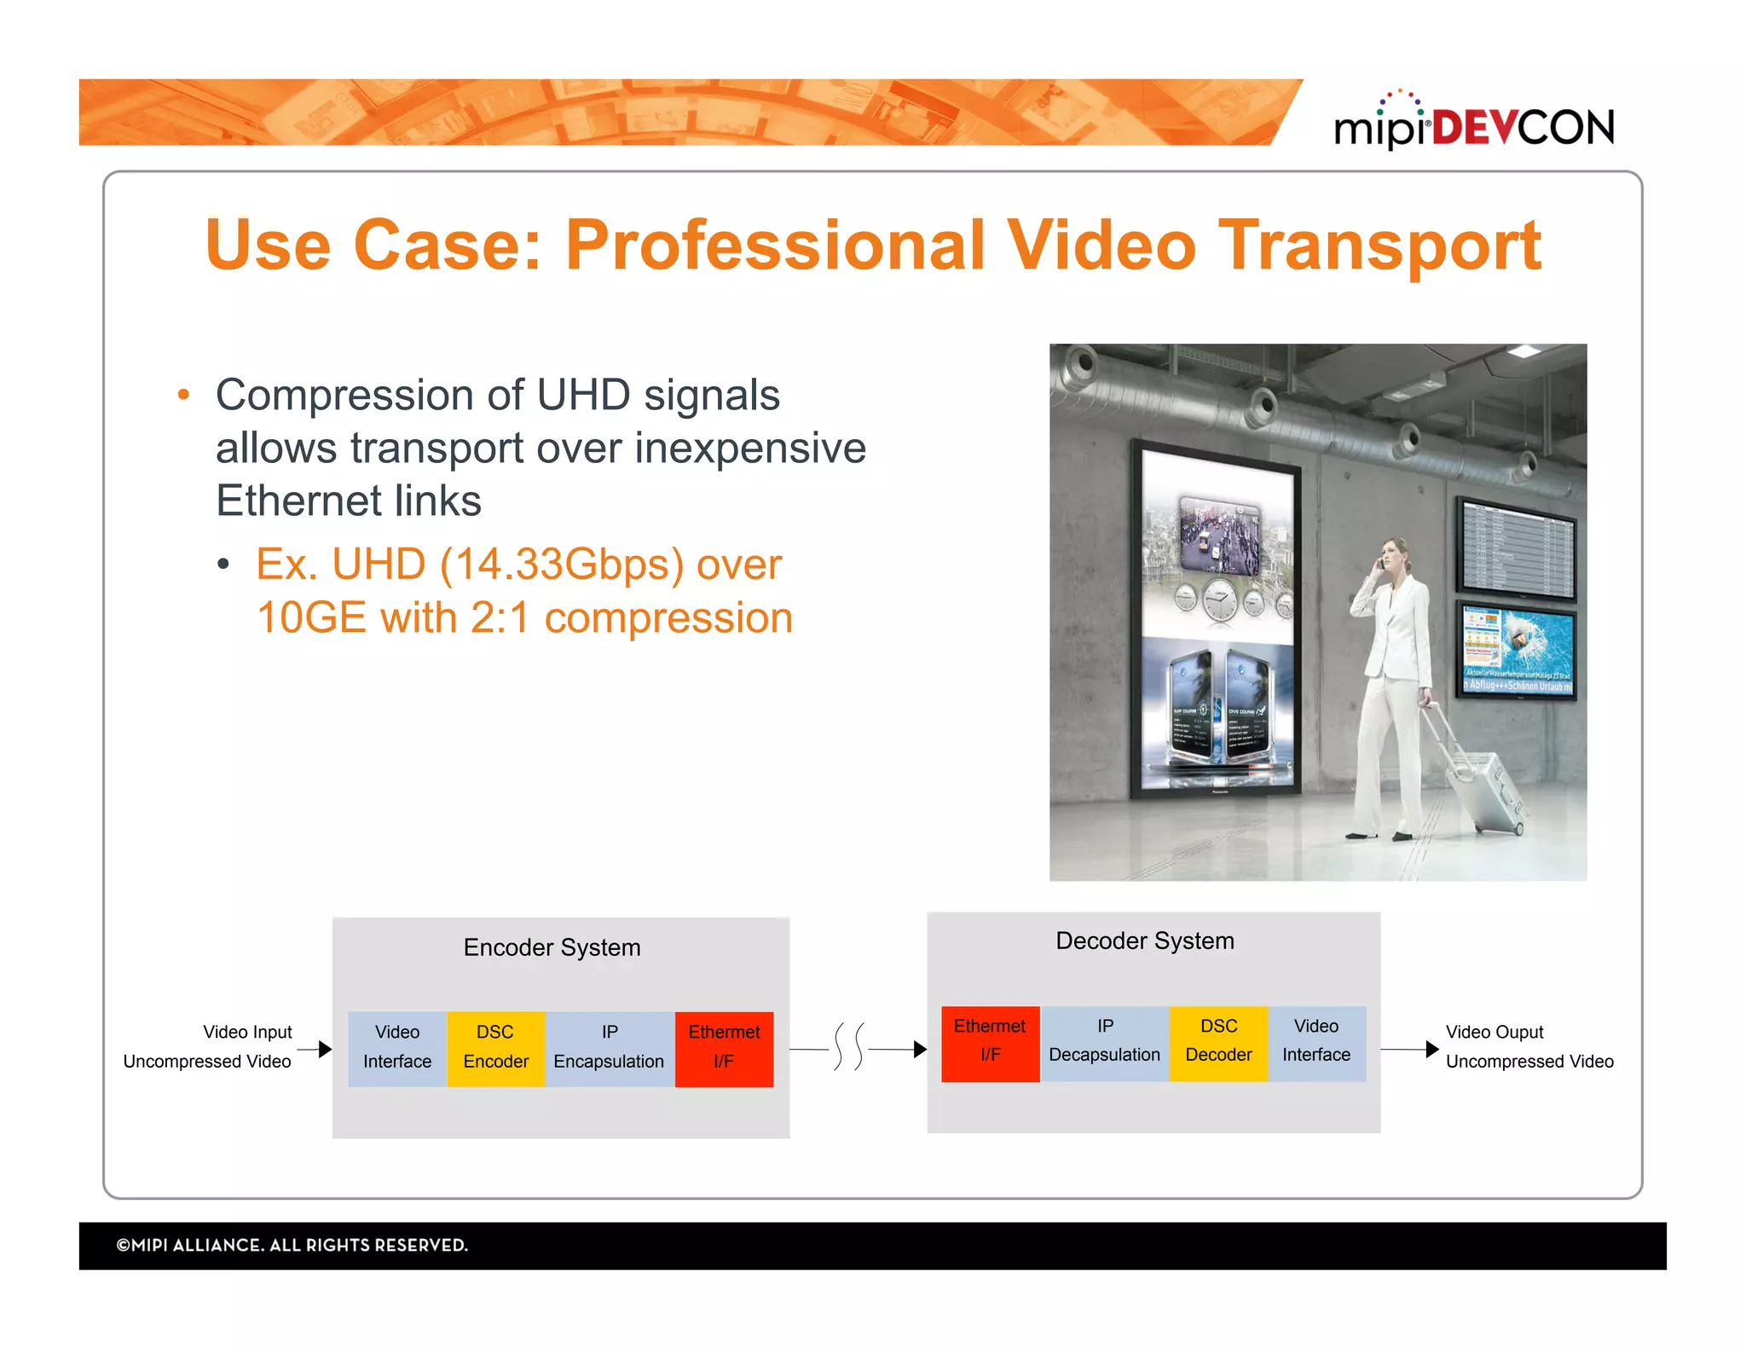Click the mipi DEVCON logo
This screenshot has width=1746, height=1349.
[x=1473, y=124]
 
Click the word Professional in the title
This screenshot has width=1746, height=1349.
[x=774, y=246]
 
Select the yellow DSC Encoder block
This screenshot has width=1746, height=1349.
[x=495, y=1048]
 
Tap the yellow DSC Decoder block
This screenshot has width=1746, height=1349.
[x=1218, y=1042]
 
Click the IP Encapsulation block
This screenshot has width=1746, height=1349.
[x=609, y=1048]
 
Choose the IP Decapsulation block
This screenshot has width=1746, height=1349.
[x=1104, y=1042]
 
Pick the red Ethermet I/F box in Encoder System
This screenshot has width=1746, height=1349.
[x=724, y=1048]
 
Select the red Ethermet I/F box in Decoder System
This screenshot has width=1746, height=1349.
[x=990, y=1042]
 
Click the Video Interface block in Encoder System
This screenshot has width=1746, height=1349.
[x=397, y=1048]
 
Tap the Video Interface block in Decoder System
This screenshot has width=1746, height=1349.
[x=1316, y=1042]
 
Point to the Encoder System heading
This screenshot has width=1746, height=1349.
[x=552, y=947]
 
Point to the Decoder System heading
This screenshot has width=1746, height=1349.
[x=1144, y=941]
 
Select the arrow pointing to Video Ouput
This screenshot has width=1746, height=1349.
[x=1411, y=1049]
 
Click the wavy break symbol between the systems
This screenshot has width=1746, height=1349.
[x=848, y=1046]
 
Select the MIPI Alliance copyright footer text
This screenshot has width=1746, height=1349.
[x=292, y=1245]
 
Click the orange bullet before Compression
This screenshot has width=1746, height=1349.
[x=183, y=395]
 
